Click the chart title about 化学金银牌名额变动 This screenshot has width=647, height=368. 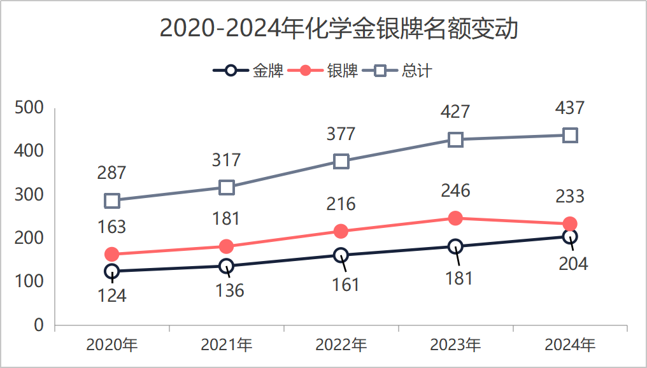point(338,29)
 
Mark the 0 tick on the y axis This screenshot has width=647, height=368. point(39,325)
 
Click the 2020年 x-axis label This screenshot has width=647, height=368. point(112,345)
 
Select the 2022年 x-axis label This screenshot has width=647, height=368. point(341,345)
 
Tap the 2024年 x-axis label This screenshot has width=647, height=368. point(570,345)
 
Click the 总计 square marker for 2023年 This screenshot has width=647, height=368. point(455,139)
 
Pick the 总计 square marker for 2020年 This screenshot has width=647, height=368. point(112,201)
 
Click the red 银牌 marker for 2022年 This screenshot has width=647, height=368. point(341,231)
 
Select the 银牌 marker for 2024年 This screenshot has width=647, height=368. point(570,223)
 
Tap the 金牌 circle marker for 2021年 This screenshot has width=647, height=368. point(227,265)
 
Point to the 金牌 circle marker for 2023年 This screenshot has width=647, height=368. point(455,246)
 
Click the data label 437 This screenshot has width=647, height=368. point(570,108)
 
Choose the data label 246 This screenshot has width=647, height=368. point(455,190)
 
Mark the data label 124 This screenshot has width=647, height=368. point(112,295)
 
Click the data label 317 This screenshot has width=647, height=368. point(227,159)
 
